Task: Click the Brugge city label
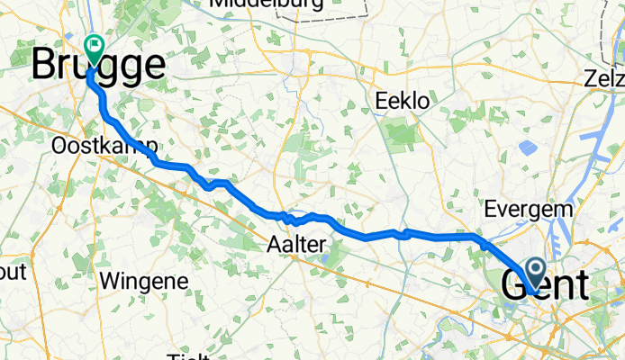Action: pos(99,67)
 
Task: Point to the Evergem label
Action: pos(528,209)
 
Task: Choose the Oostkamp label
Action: pos(105,146)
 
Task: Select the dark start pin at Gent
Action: pos(534,273)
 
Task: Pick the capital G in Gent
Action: pos(512,286)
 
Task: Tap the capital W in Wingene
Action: pos(113,280)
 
